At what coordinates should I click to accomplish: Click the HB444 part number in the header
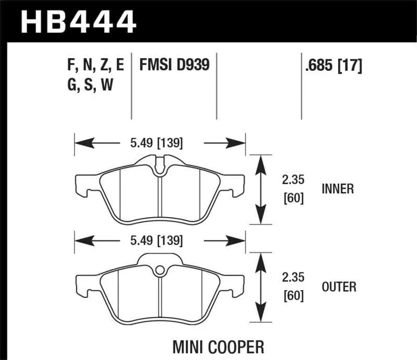click(78, 22)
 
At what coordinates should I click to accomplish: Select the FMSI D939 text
click(174, 65)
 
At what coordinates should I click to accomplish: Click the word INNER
click(337, 189)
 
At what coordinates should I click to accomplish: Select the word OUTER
click(339, 287)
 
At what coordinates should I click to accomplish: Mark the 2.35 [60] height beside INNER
click(292, 189)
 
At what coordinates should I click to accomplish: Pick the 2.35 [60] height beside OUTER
click(292, 287)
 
